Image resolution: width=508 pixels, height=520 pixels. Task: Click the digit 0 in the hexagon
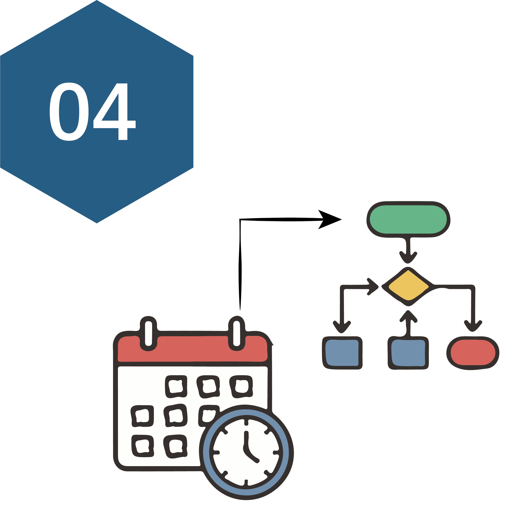[x=69, y=112]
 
